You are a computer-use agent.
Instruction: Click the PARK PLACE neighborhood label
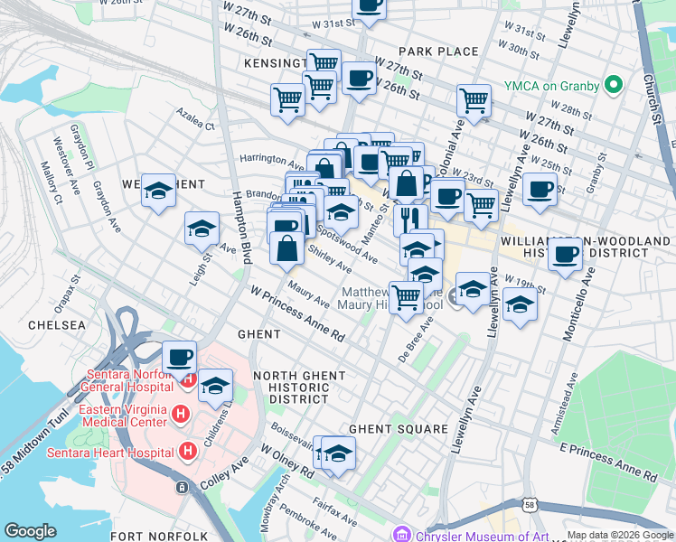438,51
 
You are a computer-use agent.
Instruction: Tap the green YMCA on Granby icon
615,86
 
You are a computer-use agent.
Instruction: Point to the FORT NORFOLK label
148,537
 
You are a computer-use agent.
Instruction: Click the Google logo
31,531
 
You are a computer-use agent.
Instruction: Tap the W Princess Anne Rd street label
298,315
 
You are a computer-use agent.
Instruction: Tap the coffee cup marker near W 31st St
369,5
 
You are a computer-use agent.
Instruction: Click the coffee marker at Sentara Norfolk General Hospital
179,356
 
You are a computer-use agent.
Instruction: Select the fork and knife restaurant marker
410,218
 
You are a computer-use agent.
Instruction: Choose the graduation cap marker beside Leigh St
202,229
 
